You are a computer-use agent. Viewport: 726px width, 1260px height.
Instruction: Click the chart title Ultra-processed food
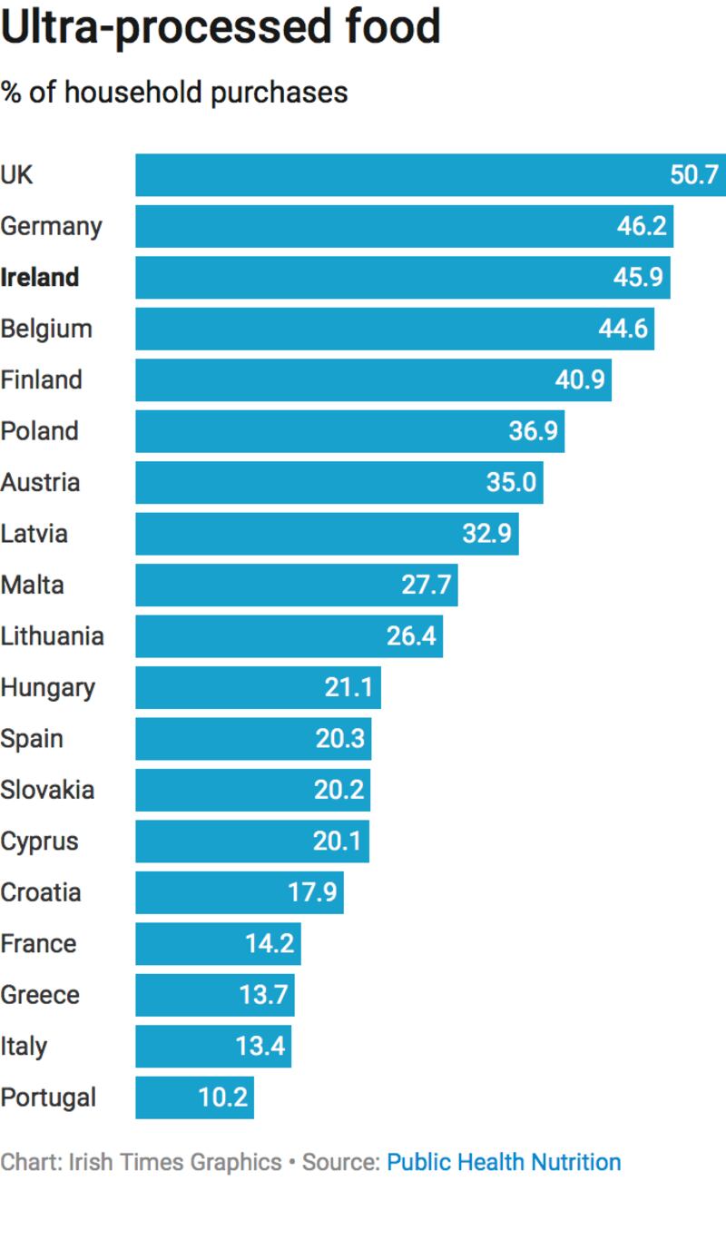221,27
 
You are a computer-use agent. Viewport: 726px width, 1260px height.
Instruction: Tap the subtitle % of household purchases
174,92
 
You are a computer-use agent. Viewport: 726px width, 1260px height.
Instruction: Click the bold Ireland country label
40,277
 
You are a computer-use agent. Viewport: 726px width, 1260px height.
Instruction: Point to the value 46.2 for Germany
642,226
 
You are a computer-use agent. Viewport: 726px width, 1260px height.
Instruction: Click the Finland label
41,379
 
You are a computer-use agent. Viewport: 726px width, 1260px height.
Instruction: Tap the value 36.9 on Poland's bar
533,431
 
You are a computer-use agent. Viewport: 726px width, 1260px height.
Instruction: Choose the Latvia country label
34,533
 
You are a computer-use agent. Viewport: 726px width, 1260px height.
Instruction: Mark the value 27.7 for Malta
426,585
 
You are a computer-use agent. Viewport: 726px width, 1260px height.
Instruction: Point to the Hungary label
47,687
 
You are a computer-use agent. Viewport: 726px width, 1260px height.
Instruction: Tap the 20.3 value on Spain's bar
339,739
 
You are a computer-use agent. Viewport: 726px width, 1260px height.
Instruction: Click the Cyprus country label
39,842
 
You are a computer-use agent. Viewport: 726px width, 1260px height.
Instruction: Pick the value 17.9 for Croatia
312,892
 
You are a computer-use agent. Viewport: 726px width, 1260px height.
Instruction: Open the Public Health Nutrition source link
504,1162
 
